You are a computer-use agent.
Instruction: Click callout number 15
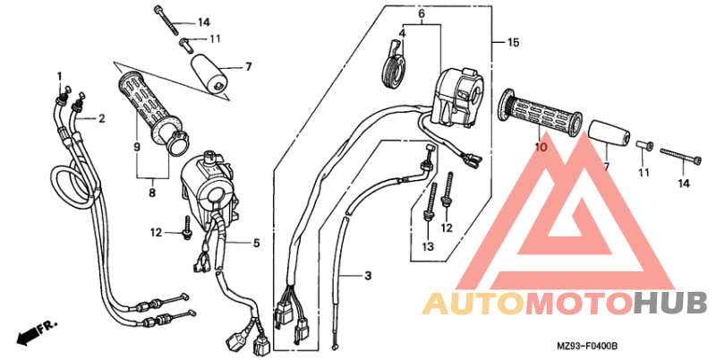pos(513,42)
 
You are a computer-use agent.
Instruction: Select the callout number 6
pos(421,13)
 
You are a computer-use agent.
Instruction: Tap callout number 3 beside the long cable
pos(368,276)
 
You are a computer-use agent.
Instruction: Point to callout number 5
pos(256,243)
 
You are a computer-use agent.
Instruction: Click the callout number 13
pos(428,246)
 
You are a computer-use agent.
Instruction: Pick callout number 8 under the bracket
pos(152,193)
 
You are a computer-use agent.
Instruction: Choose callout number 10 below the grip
pos(541,147)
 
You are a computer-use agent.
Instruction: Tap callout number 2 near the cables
pos(101,119)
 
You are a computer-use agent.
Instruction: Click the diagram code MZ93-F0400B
pos(587,347)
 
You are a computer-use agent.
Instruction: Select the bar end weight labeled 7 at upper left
pos(209,73)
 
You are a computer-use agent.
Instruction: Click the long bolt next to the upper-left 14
pos(166,20)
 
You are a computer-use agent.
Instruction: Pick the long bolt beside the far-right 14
pos(681,155)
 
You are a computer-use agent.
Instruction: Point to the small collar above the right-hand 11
pos(644,146)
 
